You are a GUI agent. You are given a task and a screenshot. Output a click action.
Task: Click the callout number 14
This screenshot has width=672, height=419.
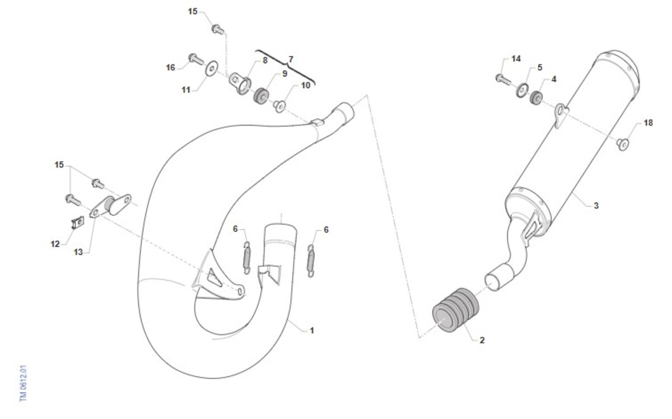[516, 59]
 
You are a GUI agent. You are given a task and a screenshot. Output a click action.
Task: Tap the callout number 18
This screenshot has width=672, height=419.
[648, 123]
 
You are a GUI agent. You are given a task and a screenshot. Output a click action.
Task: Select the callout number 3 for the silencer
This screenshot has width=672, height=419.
[596, 206]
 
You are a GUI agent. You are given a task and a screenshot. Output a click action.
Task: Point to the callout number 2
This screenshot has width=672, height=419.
[482, 341]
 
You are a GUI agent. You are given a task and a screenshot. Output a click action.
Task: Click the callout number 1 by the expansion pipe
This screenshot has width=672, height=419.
[312, 330]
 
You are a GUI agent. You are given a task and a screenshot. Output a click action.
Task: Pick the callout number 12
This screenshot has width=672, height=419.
[55, 244]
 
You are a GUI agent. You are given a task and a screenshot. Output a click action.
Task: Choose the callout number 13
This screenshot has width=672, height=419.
[78, 252]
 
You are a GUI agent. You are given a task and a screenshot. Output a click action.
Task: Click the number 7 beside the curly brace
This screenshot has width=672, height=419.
[291, 59]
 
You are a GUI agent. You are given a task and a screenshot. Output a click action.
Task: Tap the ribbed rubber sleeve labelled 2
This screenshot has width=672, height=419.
[455, 310]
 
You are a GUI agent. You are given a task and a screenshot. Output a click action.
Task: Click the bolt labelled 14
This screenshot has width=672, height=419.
[503, 79]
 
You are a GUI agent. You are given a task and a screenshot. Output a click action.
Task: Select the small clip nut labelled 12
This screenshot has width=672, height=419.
[78, 222]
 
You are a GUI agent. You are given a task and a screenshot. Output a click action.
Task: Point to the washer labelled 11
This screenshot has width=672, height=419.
[212, 69]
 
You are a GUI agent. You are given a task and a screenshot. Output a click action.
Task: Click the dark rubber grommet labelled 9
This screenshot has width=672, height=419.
[261, 96]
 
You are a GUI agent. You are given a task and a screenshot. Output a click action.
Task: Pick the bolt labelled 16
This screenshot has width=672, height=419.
[196, 59]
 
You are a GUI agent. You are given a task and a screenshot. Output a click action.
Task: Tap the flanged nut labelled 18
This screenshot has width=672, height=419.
[623, 145]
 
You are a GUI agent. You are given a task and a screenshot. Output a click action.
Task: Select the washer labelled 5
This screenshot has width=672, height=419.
[522, 90]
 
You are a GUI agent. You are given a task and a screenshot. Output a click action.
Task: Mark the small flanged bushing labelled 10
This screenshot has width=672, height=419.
[279, 106]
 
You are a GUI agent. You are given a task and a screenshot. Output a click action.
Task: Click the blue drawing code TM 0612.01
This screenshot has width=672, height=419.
[24, 383]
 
